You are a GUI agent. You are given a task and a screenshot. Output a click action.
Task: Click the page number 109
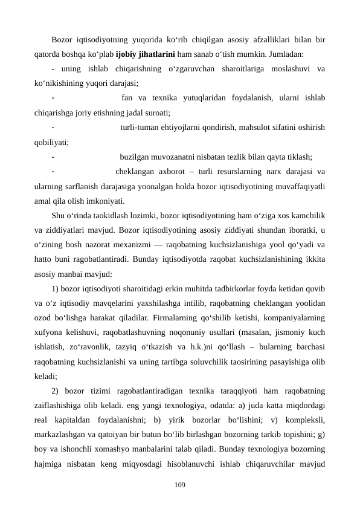179,484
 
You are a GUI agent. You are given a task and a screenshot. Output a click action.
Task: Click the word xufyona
48,331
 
